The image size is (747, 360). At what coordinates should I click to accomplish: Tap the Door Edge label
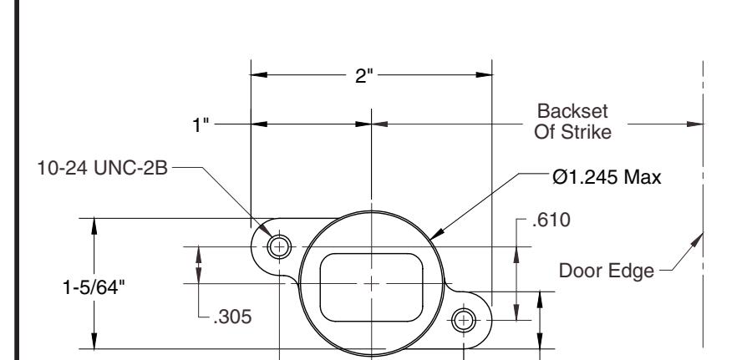click(607, 271)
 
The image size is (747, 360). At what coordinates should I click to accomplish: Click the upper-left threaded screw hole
click(279, 246)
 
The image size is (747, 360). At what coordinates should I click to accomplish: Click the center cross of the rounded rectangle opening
click(368, 283)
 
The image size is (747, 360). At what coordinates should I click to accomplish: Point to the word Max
click(643, 177)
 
